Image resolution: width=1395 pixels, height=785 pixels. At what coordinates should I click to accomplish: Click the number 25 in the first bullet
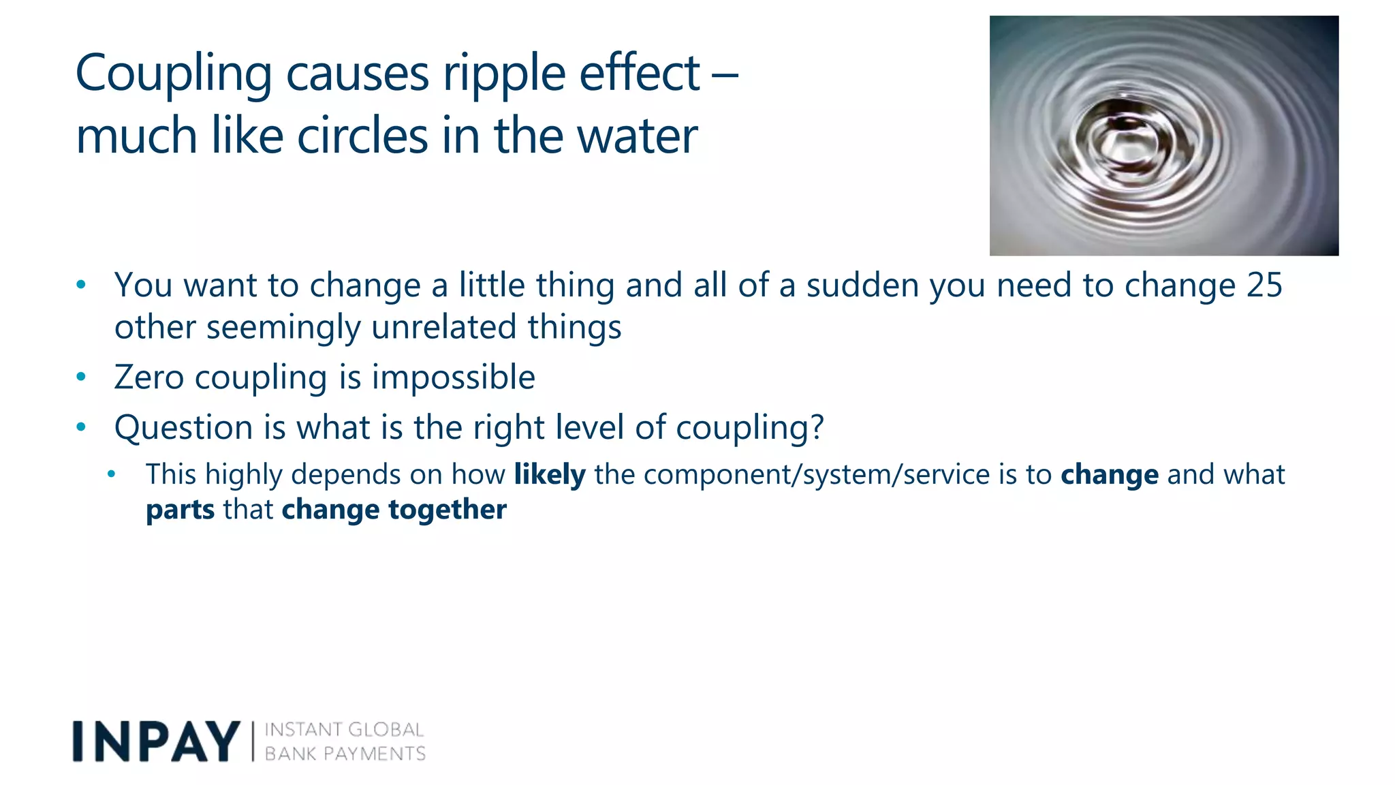pyautogui.click(x=1264, y=285)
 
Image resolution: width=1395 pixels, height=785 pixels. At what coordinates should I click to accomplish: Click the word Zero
pyautogui.click(x=148, y=378)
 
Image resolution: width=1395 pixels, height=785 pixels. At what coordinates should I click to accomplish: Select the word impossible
pyautogui.click(x=453, y=378)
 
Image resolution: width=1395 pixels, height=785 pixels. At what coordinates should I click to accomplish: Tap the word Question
pyautogui.click(x=184, y=428)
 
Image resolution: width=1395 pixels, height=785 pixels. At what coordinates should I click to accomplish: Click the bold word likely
pyautogui.click(x=549, y=474)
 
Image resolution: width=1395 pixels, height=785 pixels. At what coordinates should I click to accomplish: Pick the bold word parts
pyautogui.click(x=180, y=510)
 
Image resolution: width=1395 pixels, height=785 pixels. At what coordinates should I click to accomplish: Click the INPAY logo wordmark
pyautogui.click(x=156, y=741)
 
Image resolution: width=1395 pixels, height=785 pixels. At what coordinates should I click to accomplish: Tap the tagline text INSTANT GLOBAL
pyautogui.click(x=344, y=730)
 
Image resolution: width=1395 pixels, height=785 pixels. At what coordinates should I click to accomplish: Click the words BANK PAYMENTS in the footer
pyautogui.click(x=345, y=754)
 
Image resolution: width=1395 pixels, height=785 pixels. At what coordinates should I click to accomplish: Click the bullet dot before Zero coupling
pyautogui.click(x=81, y=377)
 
